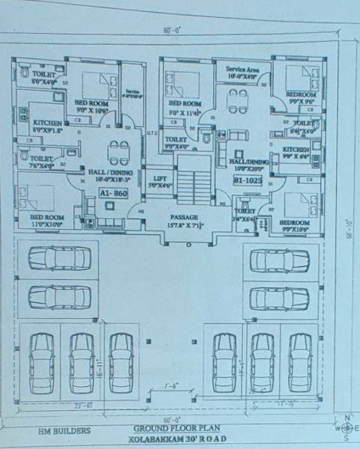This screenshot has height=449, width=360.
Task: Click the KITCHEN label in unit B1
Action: point(296,150)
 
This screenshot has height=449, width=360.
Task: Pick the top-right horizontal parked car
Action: point(280,260)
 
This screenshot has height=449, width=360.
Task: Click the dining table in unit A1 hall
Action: point(116,152)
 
